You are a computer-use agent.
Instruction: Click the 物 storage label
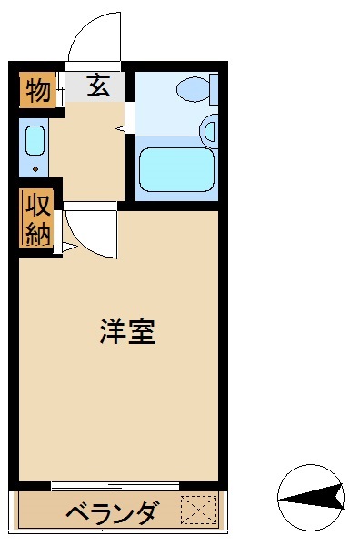click(x=37, y=90)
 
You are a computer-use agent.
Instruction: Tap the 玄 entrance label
click(x=98, y=87)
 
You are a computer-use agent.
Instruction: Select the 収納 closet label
click(x=37, y=219)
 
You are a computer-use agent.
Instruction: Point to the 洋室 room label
click(x=127, y=333)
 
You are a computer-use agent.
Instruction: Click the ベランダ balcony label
click(x=112, y=513)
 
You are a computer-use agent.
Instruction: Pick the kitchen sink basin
click(x=35, y=141)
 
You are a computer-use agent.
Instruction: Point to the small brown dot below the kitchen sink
click(x=35, y=168)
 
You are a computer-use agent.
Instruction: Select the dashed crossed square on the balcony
click(x=199, y=510)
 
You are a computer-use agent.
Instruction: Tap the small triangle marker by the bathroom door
click(x=120, y=128)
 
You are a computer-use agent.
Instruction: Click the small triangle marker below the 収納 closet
click(x=66, y=247)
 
